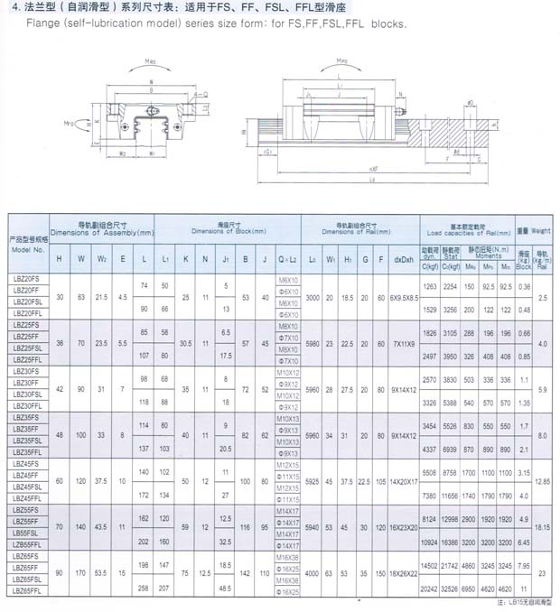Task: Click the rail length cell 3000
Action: coord(313,296)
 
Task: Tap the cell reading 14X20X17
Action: coord(404,481)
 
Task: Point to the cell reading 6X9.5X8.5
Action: coord(404,296)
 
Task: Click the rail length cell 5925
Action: coord(313,481)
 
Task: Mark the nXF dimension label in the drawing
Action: coord(347,167)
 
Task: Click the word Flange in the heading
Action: coord(26,24)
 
